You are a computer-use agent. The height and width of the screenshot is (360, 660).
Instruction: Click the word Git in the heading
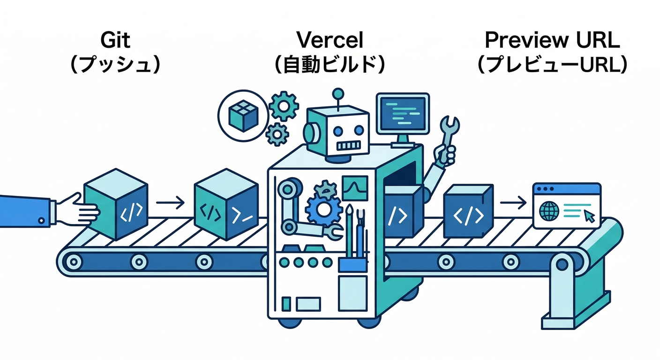pyautogui.click(x=115, y=41)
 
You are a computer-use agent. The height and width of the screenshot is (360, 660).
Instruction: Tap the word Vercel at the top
pyautogui.click(x=330, y=41)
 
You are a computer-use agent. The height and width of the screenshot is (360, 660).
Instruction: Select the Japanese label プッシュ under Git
pyautogui.click(x=115, y=65)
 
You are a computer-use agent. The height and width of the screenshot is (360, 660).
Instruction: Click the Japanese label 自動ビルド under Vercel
pyautogui.click(x=330, y=65)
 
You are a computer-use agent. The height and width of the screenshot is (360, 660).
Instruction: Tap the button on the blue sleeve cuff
pyautogui.click(x=42, y=219)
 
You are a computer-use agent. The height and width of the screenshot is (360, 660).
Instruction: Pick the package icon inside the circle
pyautogui.click(x=242, y=114)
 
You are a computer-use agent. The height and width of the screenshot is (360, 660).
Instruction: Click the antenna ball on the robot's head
pyautogui.click(x=337, y=92)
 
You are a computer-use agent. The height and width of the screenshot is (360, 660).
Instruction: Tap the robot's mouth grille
pyautogui.click(x=349, y=146)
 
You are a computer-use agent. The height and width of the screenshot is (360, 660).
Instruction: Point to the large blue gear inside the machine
pyautogui.click(x=323, y=209)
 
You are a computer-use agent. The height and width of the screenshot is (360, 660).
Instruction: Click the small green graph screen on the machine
pyautogui.click(x=355, y=187)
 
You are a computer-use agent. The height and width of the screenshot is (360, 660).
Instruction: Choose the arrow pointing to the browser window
pyautogui.click(x=513, y=203)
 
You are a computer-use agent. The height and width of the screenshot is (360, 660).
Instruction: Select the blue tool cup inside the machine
pyautogui.click(x=352, y=264)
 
